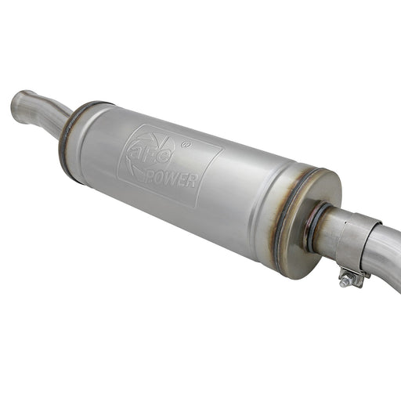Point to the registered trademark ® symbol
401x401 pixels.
click(x=186, y=144)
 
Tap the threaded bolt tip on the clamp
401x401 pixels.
click(x=343, y=283)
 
